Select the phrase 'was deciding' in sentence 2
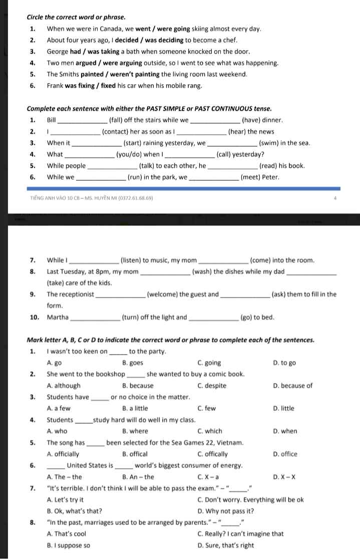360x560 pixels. tap(165, 40)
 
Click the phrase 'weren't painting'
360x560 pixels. tap(133, 74)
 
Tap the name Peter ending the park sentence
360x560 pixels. tap(270, 177)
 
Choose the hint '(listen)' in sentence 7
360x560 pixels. tap(131, 260)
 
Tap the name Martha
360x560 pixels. tap(58, 317)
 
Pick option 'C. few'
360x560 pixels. tap(206, 408)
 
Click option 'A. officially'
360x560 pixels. tap(63, 454)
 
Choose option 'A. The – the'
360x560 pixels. tap(64, 477)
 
